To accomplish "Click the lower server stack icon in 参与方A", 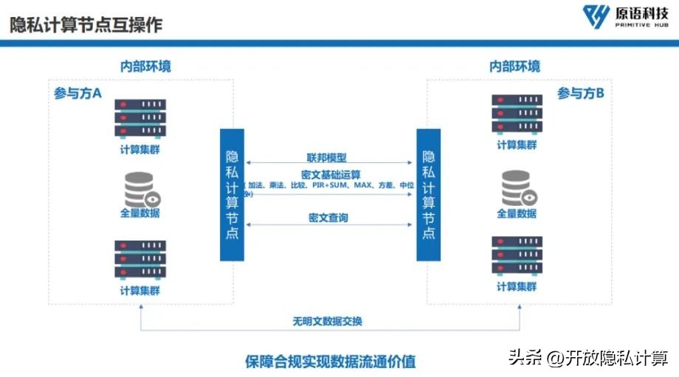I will (140, 260).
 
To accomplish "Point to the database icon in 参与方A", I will (142, 189).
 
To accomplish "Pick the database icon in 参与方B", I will (517, 189).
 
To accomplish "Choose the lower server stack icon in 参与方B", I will (517, 255).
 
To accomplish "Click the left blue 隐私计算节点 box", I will (232, 195).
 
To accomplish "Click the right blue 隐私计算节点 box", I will (428, 195).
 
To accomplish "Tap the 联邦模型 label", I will (327, 157).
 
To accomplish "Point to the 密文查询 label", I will (328, 218).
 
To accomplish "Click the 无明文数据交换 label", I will (327, 321).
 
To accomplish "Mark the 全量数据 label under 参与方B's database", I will (517, 214).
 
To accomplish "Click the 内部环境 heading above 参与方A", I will (146, 66).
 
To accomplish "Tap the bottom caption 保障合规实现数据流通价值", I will (330, 362).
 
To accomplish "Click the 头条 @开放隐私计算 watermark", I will (586, 357).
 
